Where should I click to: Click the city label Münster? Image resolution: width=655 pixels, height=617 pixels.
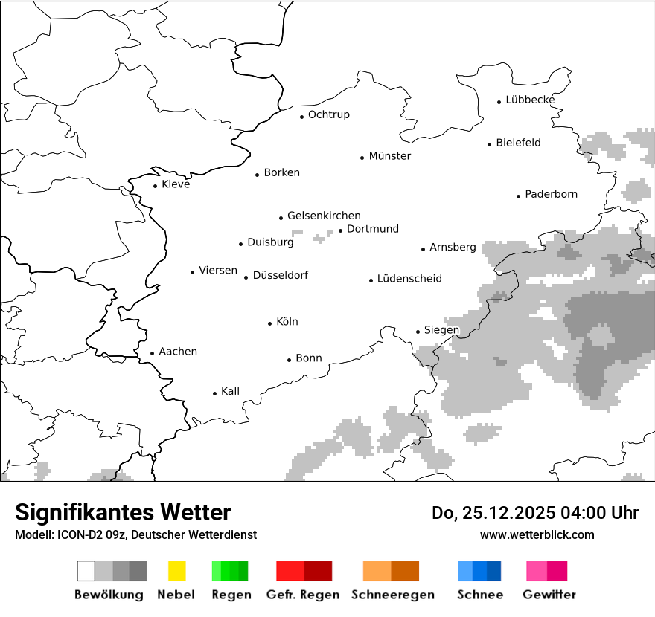coord(389,156)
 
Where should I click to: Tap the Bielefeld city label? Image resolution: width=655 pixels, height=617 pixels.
coord(518,143)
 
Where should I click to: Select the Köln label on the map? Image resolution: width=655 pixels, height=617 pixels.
coord(287,322)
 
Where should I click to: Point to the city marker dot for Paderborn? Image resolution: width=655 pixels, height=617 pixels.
coord(519,196)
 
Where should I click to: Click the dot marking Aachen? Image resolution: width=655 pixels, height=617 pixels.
coord(153,354)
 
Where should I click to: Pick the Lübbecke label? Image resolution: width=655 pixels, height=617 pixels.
coord(530,100)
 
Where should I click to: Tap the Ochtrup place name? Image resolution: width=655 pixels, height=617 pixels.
coord(328,114)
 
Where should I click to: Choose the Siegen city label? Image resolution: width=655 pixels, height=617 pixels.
coord(441,330)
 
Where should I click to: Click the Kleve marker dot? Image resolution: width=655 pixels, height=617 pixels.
coord(156,187)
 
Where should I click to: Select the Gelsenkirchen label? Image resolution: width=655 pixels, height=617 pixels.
coord(324,216)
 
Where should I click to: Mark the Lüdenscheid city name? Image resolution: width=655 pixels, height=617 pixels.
coord(409,279)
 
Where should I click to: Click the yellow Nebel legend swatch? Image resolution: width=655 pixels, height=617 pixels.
coord(177,571)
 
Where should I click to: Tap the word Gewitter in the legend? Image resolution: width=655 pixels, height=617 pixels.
coord(549,595)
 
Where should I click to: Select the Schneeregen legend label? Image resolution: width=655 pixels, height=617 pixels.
coord(392,595)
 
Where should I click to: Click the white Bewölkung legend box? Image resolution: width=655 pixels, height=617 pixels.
coord(86,571)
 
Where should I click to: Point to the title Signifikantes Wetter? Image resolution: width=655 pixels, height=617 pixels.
coord(123,512)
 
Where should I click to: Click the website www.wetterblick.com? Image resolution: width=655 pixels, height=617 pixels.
coord(537,534)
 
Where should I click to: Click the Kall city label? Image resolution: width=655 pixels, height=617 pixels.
coord(230,391)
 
